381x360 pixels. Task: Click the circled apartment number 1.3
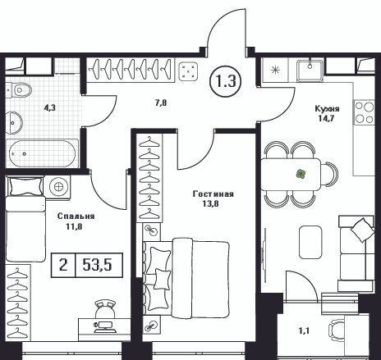pos(226,81)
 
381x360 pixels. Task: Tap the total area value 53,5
pos(98,265)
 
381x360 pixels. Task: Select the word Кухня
pos(327,109)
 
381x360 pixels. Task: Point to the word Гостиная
pos(213,194)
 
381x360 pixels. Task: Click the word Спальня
pos(76,216)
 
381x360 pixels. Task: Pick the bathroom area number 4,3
pos(50,107)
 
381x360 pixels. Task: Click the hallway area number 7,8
pos(161,103)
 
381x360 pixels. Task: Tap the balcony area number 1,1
pos(304,331)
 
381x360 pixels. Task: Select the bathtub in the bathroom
pos(43,153)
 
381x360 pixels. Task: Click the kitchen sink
pos(310,71)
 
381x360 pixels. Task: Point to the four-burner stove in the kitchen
pos(365,112)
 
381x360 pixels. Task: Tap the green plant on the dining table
pos(301,174)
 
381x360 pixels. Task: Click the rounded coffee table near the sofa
pos(310,242)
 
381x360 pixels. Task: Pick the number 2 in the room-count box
pos(63,265)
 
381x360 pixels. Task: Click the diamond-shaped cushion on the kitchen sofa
pos(362,230)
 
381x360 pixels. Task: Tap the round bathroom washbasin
pos(14,123)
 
